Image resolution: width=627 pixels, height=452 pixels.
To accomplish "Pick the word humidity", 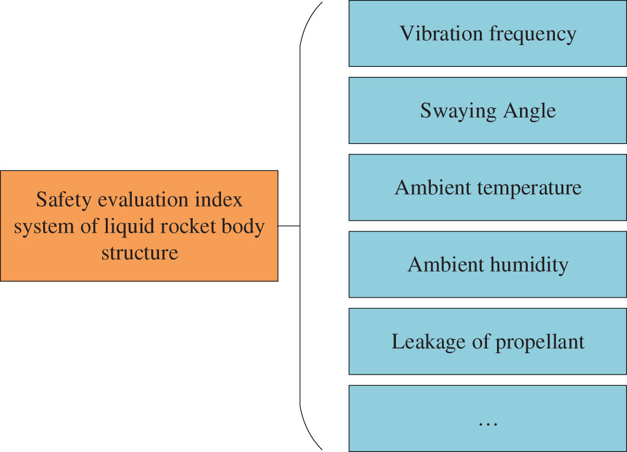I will pyautogui.click(x=529, y=265).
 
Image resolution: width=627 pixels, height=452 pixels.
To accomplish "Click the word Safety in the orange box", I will pyautogui.click(x=57, y=200).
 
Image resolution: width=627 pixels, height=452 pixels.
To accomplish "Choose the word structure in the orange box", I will pyautogui.click(x=139, y=253).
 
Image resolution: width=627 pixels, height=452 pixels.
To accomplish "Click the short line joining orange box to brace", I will pyautogui.click(x=289, y=225).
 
